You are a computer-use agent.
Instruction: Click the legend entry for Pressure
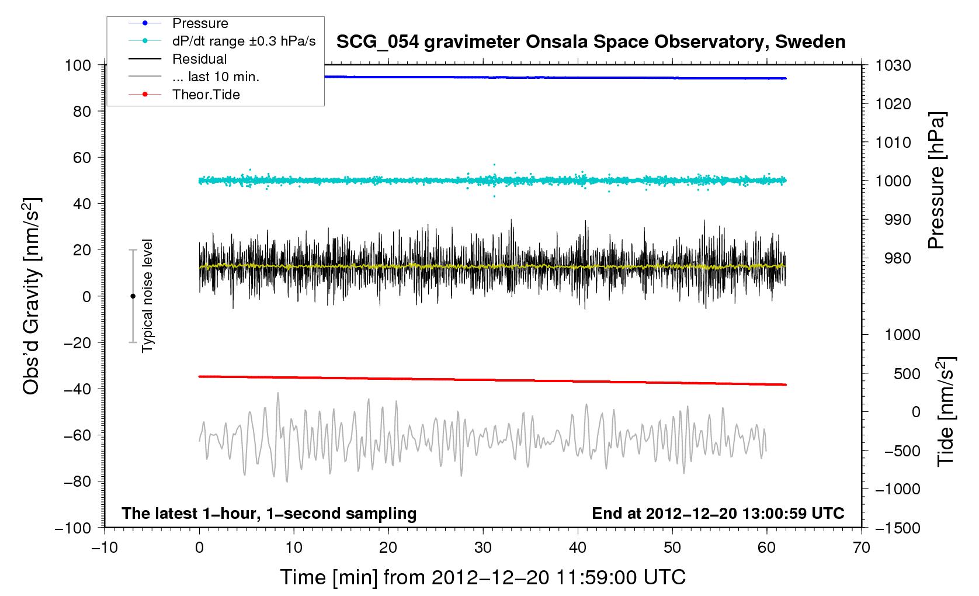click(x=200, y=23)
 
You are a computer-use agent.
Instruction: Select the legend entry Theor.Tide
click(x=206, y=95)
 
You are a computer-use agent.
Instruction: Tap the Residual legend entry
click(x=199, y=59)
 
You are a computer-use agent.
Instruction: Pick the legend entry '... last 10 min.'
click(x=216, y=77)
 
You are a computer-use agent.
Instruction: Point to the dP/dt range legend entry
click(x=244, y=41)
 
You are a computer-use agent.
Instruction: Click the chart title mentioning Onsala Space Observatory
click(x=591, y=42)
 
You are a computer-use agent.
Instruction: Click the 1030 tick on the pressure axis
click(x=893, y=65)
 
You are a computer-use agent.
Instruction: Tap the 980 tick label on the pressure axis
click(x=893, y=258)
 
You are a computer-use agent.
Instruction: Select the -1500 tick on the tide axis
click(x=897, y=528)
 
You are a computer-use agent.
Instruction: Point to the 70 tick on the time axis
click(x=862, y=548)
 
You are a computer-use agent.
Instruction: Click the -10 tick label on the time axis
click(x=105, y=548)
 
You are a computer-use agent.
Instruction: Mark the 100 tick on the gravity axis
click(x=78, y=65)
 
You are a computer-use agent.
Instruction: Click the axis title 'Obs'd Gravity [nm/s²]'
click(x=32, y=296)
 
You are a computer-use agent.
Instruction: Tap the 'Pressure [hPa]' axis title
click(x=936, y=181)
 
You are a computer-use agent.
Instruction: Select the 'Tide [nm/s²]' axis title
click(x=945, y=411)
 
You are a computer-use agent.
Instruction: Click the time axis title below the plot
click(x=482, y=577)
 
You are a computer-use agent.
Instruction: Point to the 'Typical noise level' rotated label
click(x=147, y=296)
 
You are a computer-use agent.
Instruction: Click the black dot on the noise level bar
click(x=133, y=296)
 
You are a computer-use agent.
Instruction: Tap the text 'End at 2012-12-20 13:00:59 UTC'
click(x=718, y=514)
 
